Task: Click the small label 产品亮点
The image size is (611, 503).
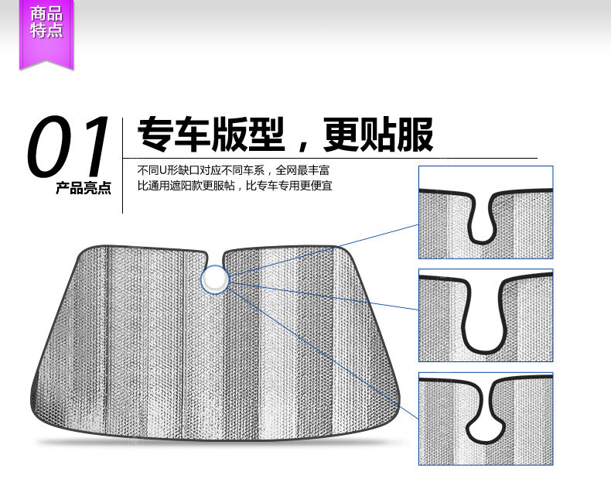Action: (83, 188)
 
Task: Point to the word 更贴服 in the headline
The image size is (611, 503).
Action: (379, 135)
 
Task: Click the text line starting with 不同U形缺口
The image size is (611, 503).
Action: (237, 170)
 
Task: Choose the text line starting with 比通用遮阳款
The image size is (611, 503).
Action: (234, 186)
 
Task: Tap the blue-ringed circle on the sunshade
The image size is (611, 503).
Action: (215, 279)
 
